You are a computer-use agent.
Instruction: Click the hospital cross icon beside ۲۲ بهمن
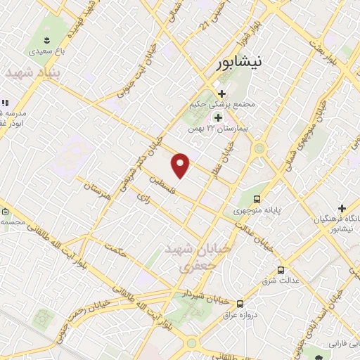218,117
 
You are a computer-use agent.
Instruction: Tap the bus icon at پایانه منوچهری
257,199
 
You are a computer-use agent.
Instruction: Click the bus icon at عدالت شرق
281,270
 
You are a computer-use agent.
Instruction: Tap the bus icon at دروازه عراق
240,304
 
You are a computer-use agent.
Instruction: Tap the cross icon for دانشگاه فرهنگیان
342,208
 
